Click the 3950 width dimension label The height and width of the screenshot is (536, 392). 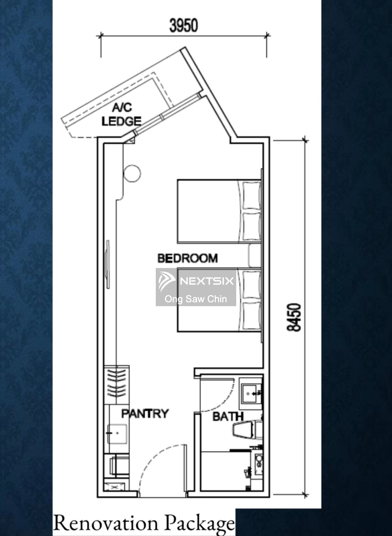pyautogui.click(x=184, y=26)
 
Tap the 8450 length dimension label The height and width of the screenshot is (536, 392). pyautogui.click(x=294, y=317)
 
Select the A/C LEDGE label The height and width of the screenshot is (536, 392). pyautogui.click(x=121, y=115)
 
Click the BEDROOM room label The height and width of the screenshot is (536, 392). pyautogui.click(x=187, y=258)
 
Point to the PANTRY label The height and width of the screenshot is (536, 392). pyautogui.click(x=145, y=414)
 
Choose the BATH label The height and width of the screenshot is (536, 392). pyautogui.click(x=228, y=416)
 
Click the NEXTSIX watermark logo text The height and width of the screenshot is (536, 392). pyautogui.click(x=207, y=281)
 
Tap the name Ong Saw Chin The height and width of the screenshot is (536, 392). pyautogui.click(x=196, y=299)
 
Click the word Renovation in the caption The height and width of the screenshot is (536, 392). pyautogui.click(x=105, y=523)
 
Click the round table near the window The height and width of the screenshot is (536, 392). pyautogui.click(x=132, y=173)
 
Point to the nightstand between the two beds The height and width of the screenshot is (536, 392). pyautogui.click(x=255, y=256)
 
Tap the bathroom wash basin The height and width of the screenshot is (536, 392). pyautogui.click(x=251, y=393)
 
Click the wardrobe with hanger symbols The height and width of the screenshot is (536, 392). pyautogui.click(x=117, y=385)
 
